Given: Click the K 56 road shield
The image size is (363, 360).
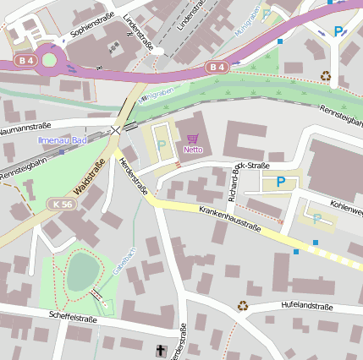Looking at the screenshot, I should coord(60,204).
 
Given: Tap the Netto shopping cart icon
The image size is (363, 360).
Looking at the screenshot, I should coord(193,138).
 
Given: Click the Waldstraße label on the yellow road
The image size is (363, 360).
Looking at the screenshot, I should coord(90,177).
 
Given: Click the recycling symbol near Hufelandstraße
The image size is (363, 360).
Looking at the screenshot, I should coord(243,306).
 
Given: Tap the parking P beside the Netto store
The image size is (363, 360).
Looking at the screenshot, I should coord(161,145).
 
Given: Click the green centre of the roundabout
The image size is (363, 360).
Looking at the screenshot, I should coord(49,59).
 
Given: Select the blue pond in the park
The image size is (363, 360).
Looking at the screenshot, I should coord(82,271).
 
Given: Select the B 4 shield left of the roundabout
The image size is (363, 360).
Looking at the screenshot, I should coord(24,61).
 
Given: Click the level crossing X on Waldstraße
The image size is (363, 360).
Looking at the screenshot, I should coord(115,130).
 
